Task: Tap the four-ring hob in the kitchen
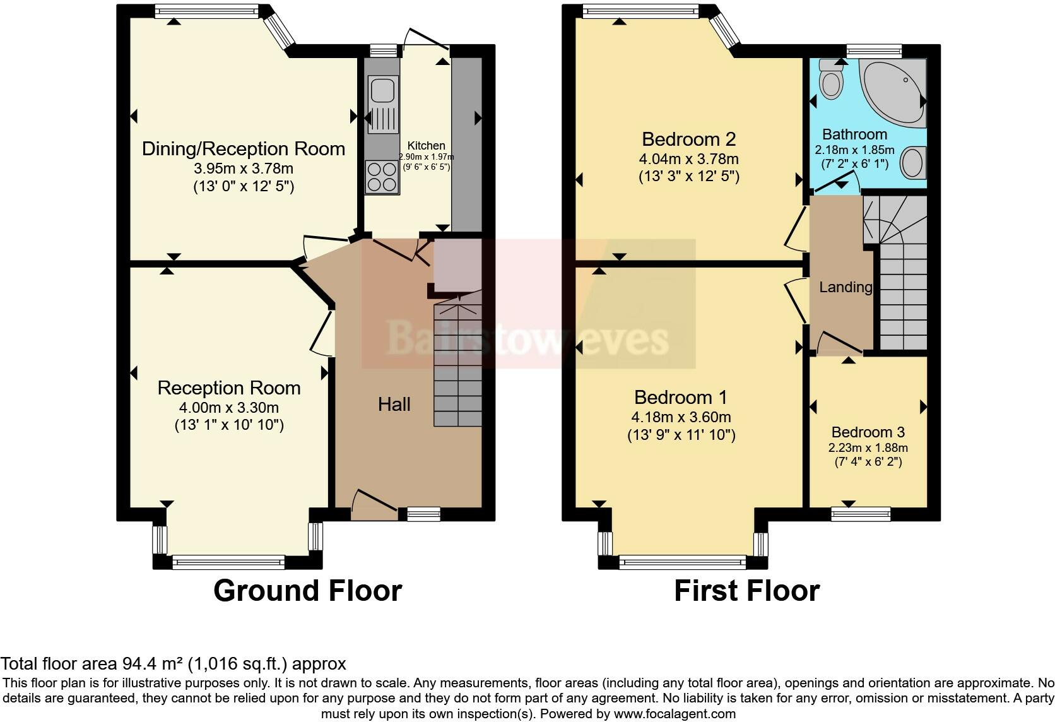click(382, 176)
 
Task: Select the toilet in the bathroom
click(830, 81)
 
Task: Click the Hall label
click(394, 405)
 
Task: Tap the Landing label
click(845, 288)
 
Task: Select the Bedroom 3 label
click(868, 432)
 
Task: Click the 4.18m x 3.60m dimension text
click(681, 417)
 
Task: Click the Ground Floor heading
click(307, 591)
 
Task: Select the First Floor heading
click(746, 591)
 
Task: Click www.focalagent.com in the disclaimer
click(675, 714)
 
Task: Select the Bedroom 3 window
click(860, 514)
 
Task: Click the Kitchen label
click(426, 146)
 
